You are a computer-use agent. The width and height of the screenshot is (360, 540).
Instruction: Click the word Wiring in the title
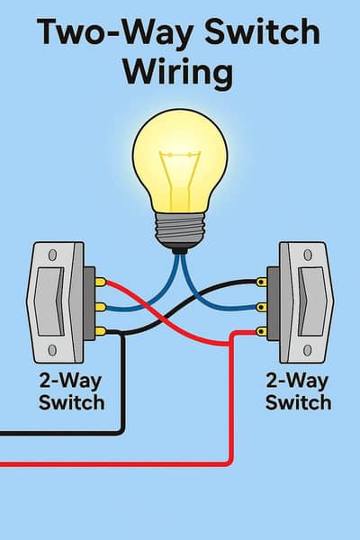pos(180,71)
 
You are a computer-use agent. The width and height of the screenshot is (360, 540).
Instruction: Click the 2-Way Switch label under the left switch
pos(71,391)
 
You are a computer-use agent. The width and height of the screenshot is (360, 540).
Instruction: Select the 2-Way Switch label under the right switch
pos(298,391)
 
